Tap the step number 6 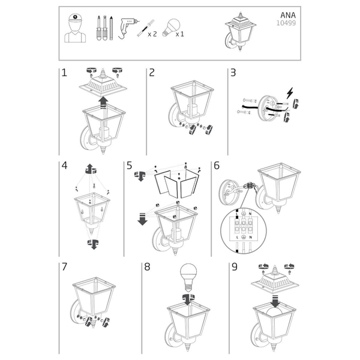tap(217, 165)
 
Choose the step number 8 tap(148, 267)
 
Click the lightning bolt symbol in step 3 tap(292, 94)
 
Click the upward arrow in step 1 tap(103, 101)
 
